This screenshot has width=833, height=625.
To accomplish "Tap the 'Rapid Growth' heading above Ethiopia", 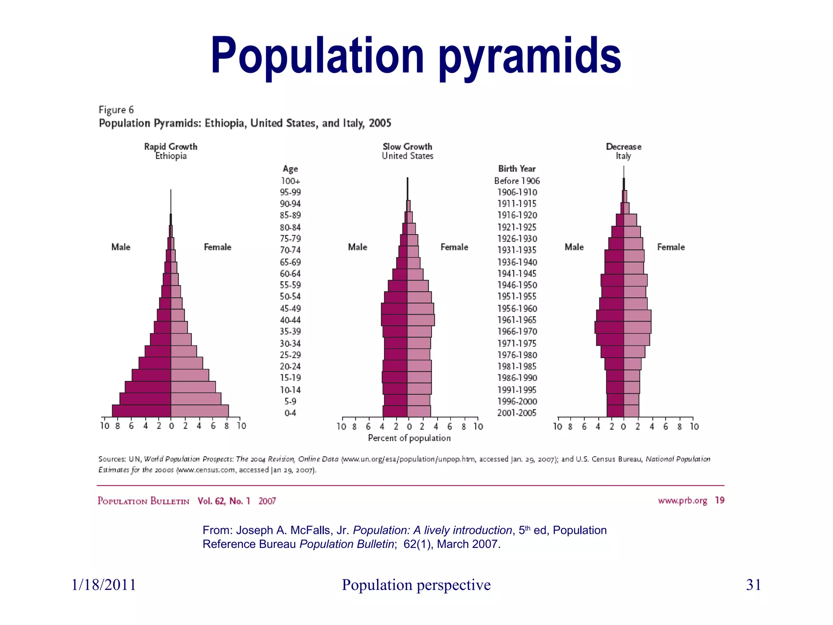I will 170,146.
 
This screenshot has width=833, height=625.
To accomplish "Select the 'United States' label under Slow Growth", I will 408,156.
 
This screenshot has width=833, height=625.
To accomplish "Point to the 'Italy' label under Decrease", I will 623,156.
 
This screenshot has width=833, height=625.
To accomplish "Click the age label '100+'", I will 290,181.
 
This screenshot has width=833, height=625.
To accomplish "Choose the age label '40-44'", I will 290,320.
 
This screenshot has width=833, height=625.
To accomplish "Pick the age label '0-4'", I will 290,413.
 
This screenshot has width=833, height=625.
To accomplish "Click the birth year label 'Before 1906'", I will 517,181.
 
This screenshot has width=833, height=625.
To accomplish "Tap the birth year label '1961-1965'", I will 517,320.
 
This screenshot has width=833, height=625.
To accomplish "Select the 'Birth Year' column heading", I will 517,168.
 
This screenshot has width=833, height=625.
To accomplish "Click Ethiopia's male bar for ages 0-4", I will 141,411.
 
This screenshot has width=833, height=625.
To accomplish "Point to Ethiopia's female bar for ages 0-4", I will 200,411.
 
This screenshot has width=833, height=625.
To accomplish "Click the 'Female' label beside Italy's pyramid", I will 671,247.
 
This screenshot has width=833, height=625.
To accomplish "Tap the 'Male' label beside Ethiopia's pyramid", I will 121,247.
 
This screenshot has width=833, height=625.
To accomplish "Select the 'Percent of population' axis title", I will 409,438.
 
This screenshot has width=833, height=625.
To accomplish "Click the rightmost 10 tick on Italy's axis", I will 694,426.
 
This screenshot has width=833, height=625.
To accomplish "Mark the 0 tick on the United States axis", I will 409,426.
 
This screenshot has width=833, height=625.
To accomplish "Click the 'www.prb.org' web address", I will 683,500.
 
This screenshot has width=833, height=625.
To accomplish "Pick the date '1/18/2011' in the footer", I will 104,585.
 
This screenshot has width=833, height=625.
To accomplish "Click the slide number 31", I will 753,585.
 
